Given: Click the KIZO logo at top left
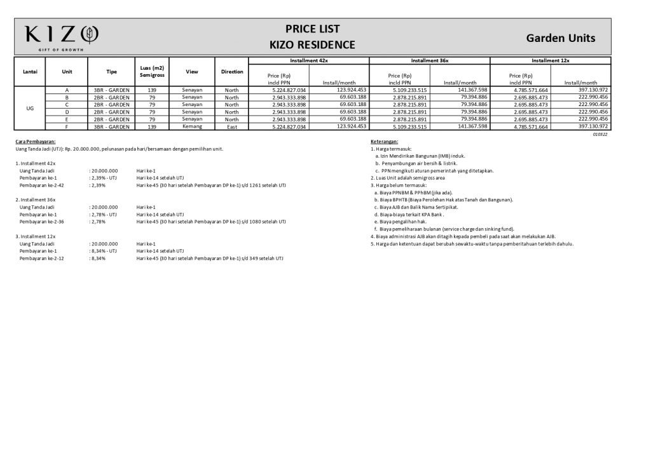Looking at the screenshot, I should tap(62, 36).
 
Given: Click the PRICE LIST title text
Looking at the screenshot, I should tap(312, 29).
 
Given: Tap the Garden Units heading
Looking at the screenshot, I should tap(560, 38).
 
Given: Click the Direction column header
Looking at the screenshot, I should tap(232, 72).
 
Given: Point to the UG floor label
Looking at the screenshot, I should tap(30, 109).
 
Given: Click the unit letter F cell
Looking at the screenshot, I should tap(67, 126).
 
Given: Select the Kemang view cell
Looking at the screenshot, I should tap(192, 126).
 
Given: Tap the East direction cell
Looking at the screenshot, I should tap(232, 126).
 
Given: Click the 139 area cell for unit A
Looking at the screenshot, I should tap(152, 90).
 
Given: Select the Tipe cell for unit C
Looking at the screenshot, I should tap(111, 105).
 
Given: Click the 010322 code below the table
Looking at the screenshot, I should tap(600, 134).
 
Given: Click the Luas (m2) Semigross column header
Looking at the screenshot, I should tap(152, 72).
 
